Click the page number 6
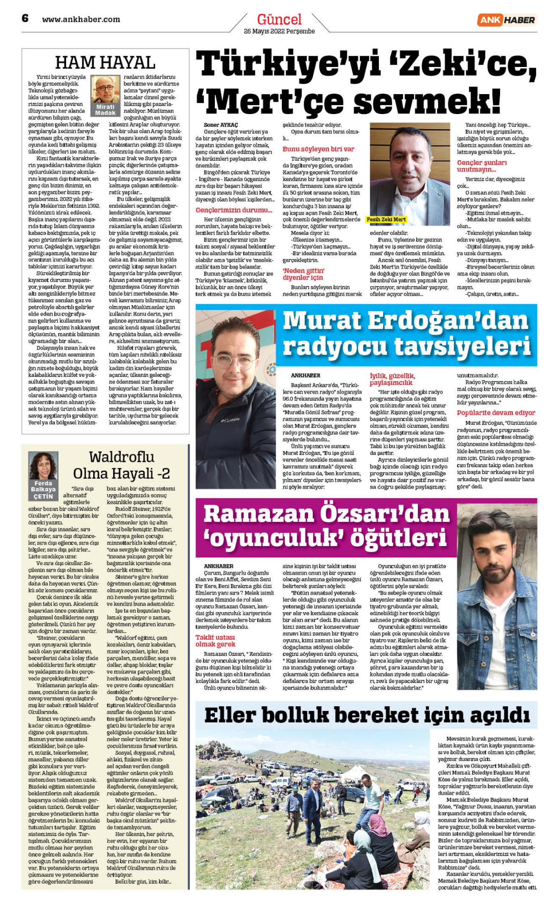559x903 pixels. point(25,18)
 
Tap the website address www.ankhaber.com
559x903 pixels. point(81,19)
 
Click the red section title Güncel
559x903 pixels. point(279,19)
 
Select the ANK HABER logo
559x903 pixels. point(506,19)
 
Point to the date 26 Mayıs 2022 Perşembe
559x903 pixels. point(279,31)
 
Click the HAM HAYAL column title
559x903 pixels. point(105,62)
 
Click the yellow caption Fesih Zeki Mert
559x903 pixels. point(386,220)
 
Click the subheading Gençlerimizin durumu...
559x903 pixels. point(234,210)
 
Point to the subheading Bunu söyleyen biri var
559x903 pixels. point(318,149)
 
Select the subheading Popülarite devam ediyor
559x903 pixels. point(496,413)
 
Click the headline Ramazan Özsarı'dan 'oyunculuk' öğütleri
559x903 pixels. point(326,526)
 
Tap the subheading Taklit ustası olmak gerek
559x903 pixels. point(215,641)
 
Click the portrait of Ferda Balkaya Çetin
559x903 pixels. point(43,466)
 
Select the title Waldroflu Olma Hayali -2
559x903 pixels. point(121,465)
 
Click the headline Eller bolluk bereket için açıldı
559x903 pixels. point(366,715)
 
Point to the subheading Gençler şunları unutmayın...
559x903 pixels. point(482,166)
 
